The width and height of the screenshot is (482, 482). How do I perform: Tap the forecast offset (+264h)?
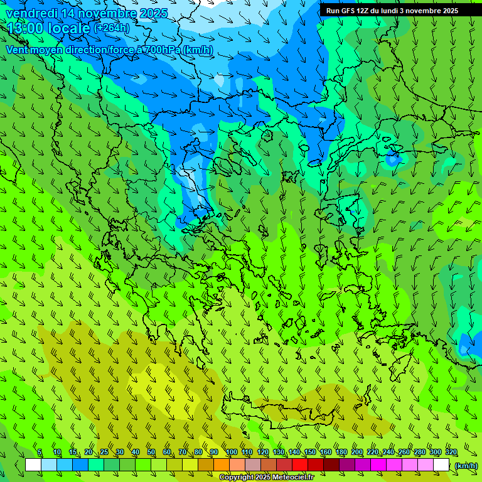(112, 28)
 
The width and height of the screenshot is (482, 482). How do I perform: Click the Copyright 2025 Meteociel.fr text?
(275, 478)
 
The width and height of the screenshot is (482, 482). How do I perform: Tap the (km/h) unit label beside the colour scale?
(466, 465)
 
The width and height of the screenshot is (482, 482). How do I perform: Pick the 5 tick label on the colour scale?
(40, 452)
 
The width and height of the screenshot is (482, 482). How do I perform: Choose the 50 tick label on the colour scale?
(151, 452)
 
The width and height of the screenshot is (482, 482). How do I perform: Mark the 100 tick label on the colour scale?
(231, 452)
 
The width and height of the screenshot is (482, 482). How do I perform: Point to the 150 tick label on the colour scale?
(310, 452)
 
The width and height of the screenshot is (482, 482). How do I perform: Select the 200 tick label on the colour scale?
(357, 452)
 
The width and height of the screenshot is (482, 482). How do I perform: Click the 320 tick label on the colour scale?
(451, 452)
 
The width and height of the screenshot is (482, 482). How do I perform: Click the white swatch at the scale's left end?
(33, 465)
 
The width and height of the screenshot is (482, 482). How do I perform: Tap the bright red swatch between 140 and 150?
(300, 465)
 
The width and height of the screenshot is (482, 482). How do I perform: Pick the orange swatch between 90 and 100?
(222, 465)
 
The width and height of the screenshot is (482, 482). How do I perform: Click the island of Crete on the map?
(282, 411)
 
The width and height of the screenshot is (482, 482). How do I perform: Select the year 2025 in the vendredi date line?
(153, 13)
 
